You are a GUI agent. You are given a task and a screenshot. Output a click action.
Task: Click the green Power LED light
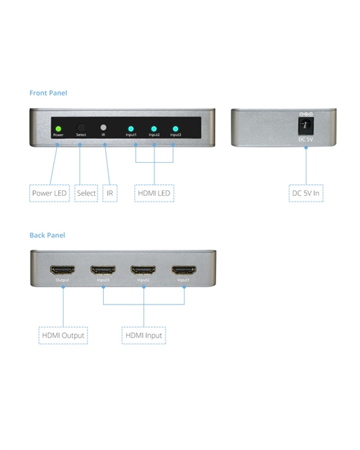58,129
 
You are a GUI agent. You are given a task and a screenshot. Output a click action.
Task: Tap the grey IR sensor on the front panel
103,127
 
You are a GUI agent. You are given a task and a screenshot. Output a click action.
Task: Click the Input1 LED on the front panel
131,129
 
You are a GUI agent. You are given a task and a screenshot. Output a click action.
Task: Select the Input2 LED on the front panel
154,129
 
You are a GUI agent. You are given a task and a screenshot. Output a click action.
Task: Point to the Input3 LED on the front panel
175,129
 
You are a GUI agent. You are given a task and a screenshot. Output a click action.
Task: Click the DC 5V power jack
306,126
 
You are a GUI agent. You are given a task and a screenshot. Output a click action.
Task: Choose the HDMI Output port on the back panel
62,270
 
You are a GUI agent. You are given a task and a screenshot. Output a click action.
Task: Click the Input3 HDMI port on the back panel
103,270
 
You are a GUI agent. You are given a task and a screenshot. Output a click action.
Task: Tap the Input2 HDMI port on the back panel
143,270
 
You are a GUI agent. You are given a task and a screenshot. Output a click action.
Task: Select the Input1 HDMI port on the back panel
184,270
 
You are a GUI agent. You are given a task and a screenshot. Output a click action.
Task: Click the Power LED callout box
49,193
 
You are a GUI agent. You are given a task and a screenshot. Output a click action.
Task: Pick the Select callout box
86,193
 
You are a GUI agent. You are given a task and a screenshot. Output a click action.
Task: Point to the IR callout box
110,193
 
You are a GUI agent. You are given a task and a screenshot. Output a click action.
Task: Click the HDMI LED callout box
154,193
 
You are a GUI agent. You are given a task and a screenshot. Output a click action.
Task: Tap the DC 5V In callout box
306,193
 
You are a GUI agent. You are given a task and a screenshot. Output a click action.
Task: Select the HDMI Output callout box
63,335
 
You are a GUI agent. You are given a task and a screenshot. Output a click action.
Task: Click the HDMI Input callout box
144,335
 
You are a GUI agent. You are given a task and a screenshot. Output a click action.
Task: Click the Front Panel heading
48,93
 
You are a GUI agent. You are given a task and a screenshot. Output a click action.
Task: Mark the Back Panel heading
47,235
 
